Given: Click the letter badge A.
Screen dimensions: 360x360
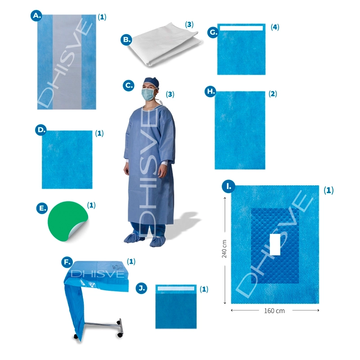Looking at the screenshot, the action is coord(36,16).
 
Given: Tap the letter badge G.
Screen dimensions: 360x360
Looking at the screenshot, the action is coord(213,32).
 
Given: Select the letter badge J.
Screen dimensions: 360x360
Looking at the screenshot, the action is coord(141,288).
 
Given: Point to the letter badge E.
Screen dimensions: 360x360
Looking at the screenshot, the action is coord(42,208).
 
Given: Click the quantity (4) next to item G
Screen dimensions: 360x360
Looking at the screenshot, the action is coord(275,27).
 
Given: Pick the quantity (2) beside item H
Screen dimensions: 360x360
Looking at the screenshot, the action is coord(273,94).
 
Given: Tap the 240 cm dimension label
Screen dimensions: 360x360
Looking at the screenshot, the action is coord(224,249).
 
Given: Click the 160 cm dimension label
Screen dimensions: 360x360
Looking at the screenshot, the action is coord(274,311).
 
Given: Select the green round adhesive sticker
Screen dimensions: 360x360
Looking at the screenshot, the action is coord(67,220).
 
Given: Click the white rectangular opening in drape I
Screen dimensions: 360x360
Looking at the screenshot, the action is coord(275,245).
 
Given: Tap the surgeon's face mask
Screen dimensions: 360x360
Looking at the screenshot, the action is coord(148,94).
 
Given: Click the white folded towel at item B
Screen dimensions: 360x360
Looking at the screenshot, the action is coord(164,45).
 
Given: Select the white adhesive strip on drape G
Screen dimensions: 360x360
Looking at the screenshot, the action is coord(241,28).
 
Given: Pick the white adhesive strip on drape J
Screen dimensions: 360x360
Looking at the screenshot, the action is coord(176,288).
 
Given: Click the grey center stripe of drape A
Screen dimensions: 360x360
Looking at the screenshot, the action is coord(67,62).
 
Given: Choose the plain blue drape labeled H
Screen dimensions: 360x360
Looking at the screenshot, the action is coord(240,130).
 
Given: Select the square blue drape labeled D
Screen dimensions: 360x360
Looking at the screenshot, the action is coord(67,160).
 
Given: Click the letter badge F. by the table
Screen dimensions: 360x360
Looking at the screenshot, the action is coord(67,262).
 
